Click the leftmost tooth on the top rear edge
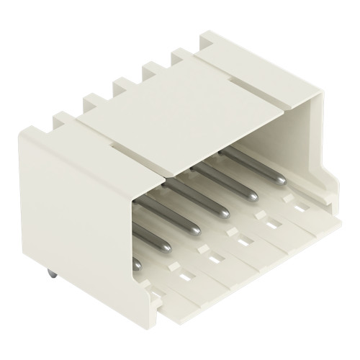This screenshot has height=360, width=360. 94,101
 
